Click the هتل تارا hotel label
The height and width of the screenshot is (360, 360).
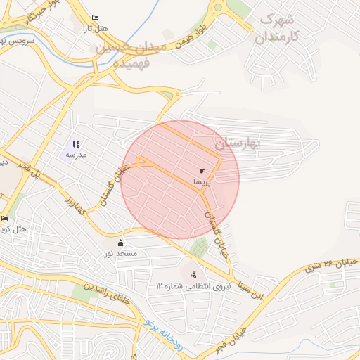[x=95, y=27]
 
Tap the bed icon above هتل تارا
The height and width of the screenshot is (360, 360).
[x=95, y=18]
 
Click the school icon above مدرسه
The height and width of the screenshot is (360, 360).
[x=76, y=144]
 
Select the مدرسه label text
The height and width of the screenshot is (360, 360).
[x=75, y=154]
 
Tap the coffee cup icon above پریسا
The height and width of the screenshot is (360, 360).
[x=202, y=171]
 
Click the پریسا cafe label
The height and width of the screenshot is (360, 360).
[x=202, y=181]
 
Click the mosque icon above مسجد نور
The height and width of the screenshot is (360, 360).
[x=120, y=243]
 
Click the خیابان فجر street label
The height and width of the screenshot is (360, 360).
[x=231, y=339]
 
